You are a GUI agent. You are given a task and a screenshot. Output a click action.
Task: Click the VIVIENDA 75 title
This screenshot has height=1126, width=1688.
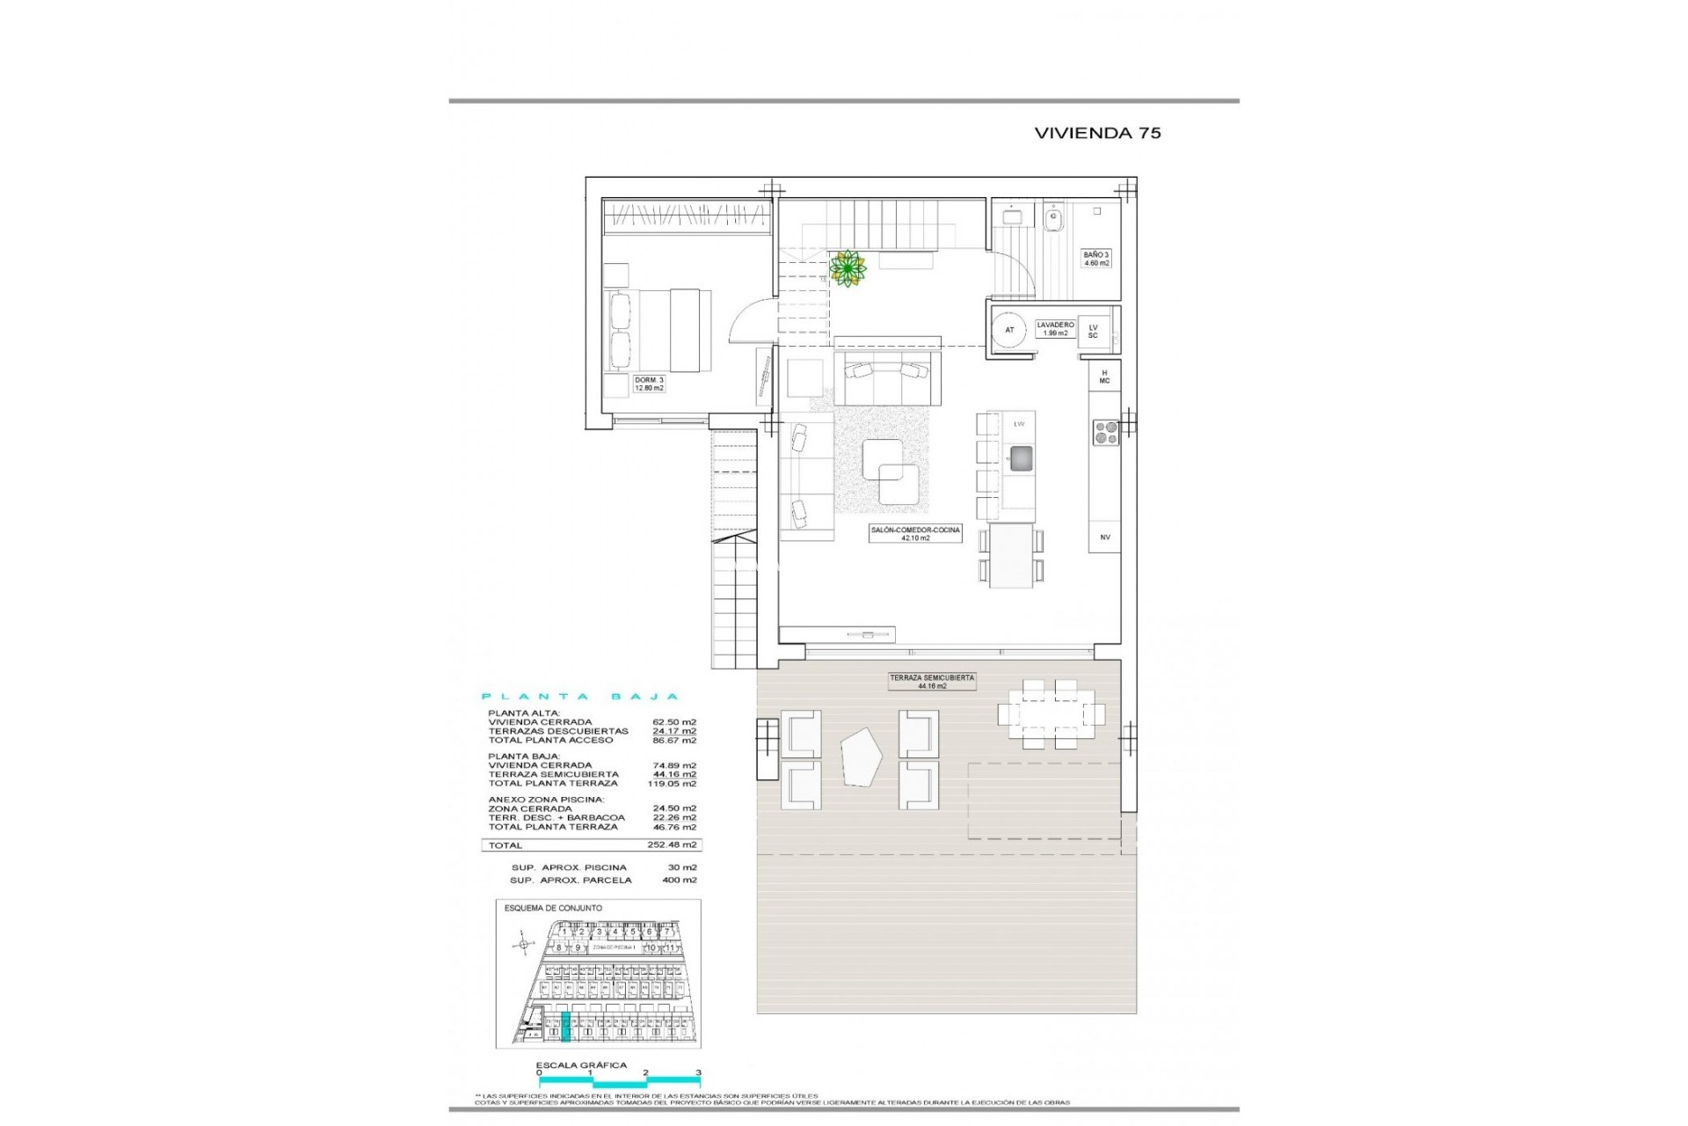click(x=1097, y=133)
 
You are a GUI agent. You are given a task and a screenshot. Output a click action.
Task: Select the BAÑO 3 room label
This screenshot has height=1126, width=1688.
click(x=1096, y=259)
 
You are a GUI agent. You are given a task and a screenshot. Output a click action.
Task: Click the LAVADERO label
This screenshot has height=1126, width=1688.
click(x=1054, y=328)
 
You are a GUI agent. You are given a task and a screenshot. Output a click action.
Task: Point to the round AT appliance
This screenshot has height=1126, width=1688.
click(x=1009, y=330)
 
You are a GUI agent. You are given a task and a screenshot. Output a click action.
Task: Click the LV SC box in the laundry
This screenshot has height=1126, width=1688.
click(x=1093, y=331)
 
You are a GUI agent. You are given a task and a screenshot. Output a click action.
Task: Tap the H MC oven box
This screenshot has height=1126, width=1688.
click(x=1104, y=377)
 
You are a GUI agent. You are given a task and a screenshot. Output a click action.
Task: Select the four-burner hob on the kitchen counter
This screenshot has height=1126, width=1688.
click(x=1105, y=432)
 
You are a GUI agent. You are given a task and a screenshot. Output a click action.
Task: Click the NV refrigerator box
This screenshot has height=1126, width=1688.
click(x=1105, y=537)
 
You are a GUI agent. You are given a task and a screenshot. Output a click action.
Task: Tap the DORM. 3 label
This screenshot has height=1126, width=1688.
click(x=650, y=384)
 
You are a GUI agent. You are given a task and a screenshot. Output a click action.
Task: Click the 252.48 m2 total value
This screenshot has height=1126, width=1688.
click(x=679, y=844)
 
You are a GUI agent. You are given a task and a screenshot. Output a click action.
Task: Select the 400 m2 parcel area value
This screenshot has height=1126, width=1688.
click(x=679, y=880)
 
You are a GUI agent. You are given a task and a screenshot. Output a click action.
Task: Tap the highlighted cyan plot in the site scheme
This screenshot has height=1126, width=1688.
click(x=565, y=1027)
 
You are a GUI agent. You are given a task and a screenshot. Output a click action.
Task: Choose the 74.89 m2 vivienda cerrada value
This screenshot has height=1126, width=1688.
click(x=679, y=765)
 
